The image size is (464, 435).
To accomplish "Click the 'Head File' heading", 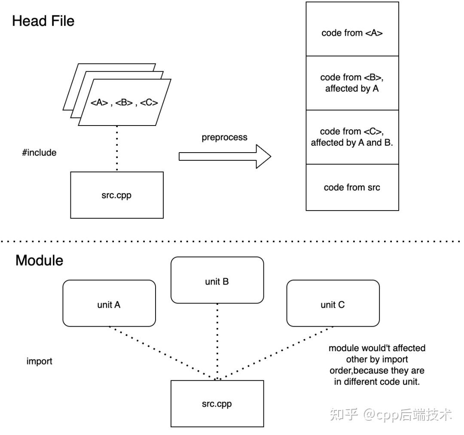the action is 43,21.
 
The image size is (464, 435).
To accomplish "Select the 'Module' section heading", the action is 40,260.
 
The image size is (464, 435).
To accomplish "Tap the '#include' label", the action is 39,153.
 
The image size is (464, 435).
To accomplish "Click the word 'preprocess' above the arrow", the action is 224,138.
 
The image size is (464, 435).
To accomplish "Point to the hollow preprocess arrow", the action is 225,156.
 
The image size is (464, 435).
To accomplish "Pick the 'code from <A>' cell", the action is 352,29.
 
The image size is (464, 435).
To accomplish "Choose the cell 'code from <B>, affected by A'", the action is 352,83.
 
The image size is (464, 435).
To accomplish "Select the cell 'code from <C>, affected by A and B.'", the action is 352,137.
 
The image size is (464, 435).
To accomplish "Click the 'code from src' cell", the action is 352,187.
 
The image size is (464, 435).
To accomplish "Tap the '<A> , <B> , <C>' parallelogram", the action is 125,102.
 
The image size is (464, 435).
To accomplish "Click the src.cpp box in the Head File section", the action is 117,195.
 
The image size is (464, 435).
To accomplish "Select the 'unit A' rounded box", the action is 109,303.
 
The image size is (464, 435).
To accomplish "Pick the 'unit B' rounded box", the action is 217,280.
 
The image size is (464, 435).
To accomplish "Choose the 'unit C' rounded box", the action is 333,303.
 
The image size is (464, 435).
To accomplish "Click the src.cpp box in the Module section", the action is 217,404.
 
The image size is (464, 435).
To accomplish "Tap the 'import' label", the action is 40,361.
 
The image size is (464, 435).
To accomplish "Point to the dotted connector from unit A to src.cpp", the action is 163,353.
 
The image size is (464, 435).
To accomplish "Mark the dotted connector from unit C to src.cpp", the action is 275,353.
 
